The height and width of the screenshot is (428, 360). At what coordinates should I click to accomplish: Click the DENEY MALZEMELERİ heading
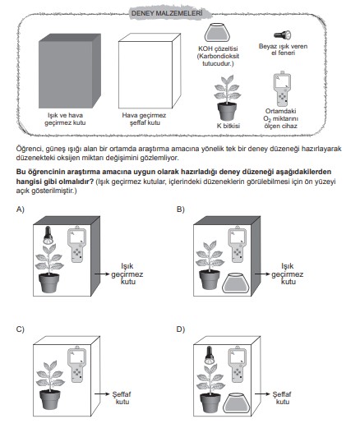[x=167, y=13]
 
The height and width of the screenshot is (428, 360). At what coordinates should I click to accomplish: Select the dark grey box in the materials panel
[x=70, y=71]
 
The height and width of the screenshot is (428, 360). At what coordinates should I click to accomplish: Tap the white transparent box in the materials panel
[x=150, y=71]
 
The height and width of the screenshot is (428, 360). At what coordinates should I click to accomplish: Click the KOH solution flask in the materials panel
[x=217, y=33]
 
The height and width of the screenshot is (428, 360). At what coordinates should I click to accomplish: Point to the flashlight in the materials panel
[x=283, y=35]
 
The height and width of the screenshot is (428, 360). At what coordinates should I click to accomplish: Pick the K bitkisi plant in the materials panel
[x=228, y=98]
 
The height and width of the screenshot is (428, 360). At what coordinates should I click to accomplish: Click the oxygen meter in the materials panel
[x=282, y=89]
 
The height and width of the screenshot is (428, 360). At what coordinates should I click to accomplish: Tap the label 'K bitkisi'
[x=228, y=126]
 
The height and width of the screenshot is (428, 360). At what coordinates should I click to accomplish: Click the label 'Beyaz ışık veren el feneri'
[x=283, y=49]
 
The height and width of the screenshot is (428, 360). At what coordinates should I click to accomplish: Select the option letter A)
[x=21, y=209]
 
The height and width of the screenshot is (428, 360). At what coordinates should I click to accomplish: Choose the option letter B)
[x=181, y=209]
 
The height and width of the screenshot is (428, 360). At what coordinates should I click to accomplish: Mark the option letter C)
[x=21, y=329]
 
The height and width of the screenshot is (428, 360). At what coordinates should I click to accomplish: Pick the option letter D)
[x=181, y=329]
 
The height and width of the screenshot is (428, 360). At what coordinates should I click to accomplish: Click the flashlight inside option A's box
[x=48, y=235]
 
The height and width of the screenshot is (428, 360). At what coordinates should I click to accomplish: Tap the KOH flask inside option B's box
[x=236, y=283]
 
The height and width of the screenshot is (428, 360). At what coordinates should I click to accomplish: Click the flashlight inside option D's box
[x=209, y=355]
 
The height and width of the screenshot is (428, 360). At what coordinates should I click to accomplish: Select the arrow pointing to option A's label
[x=102, y=274]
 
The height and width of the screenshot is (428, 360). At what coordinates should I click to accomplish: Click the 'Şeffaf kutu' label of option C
[x=122, y=398]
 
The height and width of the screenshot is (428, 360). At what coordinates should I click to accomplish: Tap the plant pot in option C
[x=50, y=399]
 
